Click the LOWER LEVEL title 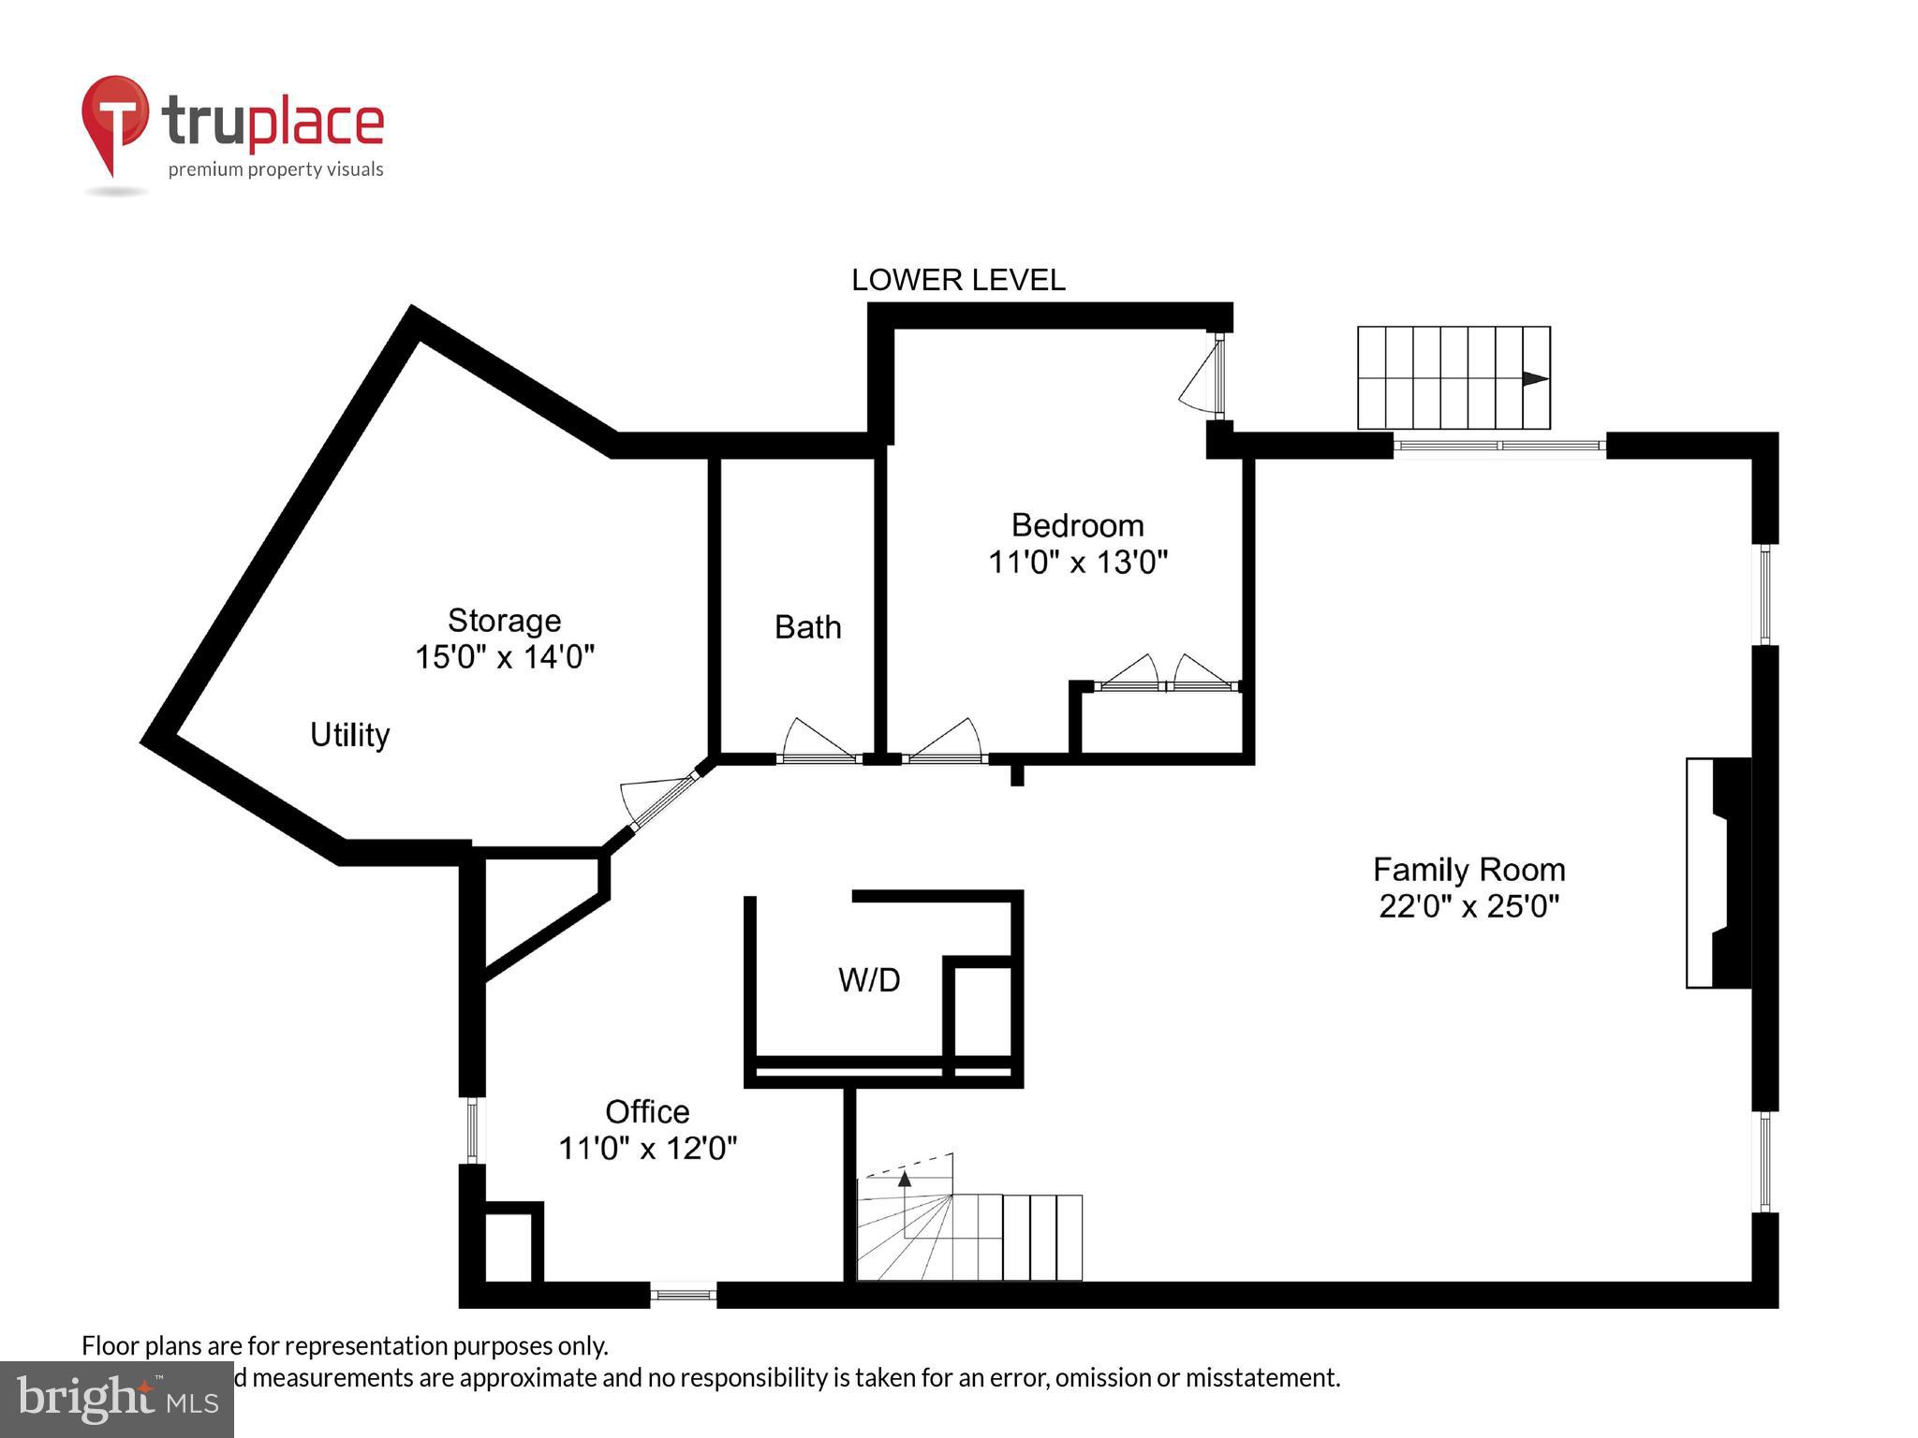[957, 280]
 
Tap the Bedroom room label [1077, 525]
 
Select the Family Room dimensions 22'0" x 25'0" [1468, 906]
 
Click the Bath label [807, 627]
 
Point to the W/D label [869, 980]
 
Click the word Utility [349, 735]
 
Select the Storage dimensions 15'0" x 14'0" [504, 657]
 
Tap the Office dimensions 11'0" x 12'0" [647, 1148]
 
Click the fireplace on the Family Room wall [1719, 873]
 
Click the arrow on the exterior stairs [1534, 379]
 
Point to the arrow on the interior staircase [905, 1180]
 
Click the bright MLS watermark [116, 1399]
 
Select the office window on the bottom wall [683, 1295]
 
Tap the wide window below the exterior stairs [1499, 446]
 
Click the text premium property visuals [275, 169]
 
